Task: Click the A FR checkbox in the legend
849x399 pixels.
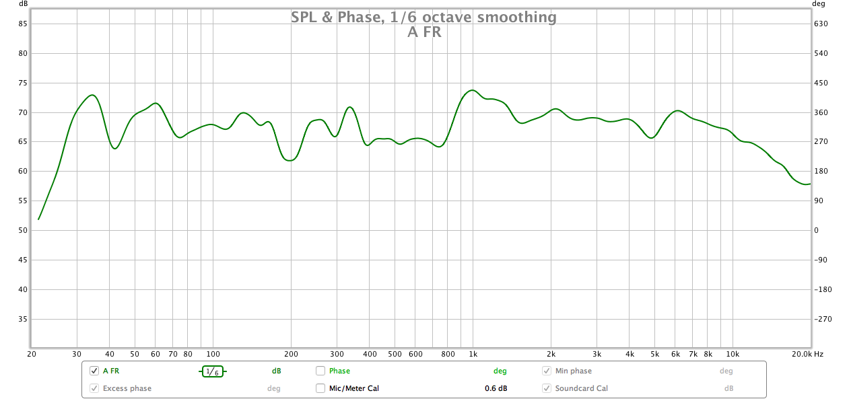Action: [x=94, y=371]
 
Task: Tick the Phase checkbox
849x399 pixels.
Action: [x=320, y=371]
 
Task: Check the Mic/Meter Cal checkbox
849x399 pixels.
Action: [x=320, y=388]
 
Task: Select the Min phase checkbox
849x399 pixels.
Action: [x=547, y=371]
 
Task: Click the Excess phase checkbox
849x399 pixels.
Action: [x=94, y=388]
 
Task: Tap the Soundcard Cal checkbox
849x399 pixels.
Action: [x=547, y=388]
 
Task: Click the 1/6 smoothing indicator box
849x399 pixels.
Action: [x=212, y=371]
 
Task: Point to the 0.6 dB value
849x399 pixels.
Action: [x=496, y=388]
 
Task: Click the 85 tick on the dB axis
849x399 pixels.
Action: [x=22, y=24]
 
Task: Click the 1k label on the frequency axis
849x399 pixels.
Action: [x=473, y=354]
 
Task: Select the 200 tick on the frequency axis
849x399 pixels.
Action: [x=291, y=354]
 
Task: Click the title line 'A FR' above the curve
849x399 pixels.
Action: [x=424, y=32]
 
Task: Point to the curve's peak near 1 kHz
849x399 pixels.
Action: [x=472, y=90]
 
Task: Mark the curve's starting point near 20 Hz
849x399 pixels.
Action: [x=39, y=219]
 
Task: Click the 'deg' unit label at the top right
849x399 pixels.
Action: [x=819, y=3]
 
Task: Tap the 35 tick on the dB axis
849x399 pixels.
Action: [x=22, y=319]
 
